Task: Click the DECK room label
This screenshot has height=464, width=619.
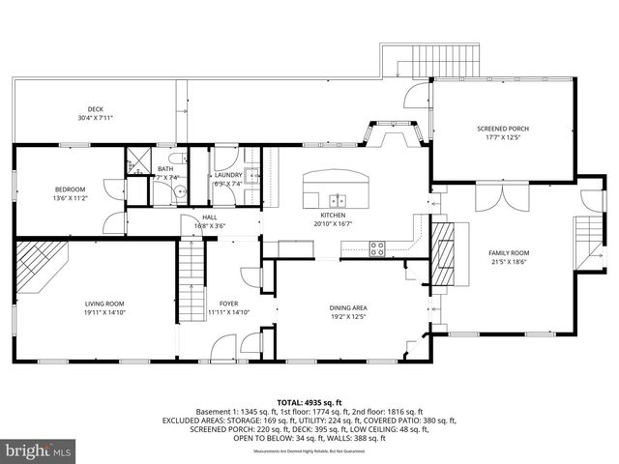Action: coord(95,109)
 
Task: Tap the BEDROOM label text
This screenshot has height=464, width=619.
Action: coord(70,188)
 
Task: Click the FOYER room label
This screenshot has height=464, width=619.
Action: coord(228,304)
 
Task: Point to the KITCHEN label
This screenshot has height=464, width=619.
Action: coord(333,215)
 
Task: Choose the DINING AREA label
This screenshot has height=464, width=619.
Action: coord(348,308)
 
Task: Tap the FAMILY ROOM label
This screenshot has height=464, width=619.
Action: coord(509,253)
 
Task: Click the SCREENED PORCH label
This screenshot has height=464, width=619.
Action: coord(503,129)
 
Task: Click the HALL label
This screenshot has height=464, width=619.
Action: coord(210,217)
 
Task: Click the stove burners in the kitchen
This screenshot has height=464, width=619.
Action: coord(378,247)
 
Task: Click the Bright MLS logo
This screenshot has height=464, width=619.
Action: coord(39,450)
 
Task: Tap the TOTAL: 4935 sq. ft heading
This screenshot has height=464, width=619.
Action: coord(309,401)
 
